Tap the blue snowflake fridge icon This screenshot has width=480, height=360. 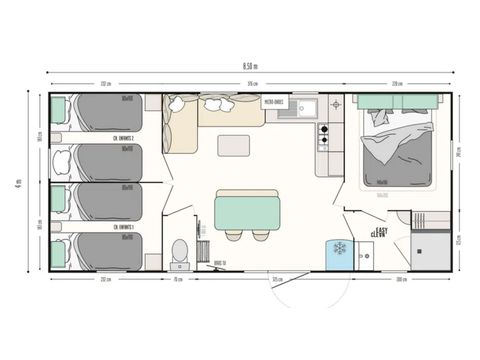338,248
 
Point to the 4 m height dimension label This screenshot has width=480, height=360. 19,182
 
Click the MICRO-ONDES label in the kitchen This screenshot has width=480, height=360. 275,102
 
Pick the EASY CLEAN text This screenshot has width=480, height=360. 379,231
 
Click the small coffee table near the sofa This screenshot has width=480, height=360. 233,145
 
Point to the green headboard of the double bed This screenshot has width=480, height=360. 400,101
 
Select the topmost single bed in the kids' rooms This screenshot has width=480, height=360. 105,112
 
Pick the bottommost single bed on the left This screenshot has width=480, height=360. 105,249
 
